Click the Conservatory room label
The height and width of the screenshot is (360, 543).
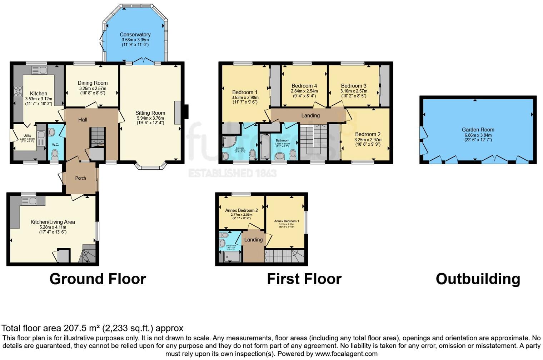[x=135, y=35]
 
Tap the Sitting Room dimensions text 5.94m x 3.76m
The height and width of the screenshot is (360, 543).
[x=150, y=118]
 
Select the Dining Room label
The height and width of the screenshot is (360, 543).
[x=93, y=83]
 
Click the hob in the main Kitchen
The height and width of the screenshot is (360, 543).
[x=18, y=92]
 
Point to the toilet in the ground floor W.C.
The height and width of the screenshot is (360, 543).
[x=55, y=154]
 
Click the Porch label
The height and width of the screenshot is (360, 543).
[x=80, y=178]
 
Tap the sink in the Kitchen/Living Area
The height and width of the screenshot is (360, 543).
[x=30, y=201]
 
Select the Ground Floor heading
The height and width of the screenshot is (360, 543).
[x=98, y=279]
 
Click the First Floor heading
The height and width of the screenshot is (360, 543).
[x=304, y=279]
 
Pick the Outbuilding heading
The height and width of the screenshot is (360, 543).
[x=478, y=279]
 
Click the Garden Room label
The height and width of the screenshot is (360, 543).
[x=478, y=130]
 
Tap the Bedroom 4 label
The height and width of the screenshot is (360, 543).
[x=304, y=86]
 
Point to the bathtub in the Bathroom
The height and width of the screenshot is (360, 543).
[x=265, y=147]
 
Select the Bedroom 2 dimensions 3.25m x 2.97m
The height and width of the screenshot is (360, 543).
[x=368, y=140]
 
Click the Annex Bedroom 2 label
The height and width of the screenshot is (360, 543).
[x=241, y=210]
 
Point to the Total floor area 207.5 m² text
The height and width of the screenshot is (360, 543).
[x=92, y=328]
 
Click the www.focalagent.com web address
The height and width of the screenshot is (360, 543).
[x=346, y=354]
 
